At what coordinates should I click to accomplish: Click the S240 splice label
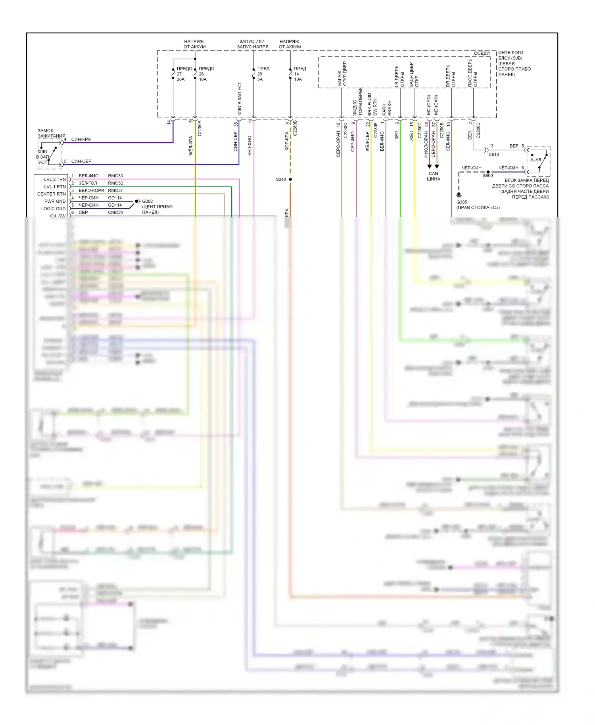(281, 179)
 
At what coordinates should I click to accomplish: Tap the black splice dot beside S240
(290, 179)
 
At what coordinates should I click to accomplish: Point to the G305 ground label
(462, 202)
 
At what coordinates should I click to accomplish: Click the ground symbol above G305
(459, 195)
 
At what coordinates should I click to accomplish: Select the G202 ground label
(148, 201)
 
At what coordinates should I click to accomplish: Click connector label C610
(494, 154)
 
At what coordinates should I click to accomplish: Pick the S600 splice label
(488, 176)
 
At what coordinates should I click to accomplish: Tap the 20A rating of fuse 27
(180, 79)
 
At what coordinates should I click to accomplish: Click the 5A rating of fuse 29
(260, 79)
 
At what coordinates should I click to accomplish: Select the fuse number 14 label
(296, 74)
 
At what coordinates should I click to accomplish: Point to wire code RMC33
(115, 176)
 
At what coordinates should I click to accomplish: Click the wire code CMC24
(115, 213)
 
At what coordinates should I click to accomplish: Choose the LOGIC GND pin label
(54, 209)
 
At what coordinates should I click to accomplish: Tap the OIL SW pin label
(58, 216)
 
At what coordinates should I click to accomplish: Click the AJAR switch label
(535, 159)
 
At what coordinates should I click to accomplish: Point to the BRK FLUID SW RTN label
(372, 104)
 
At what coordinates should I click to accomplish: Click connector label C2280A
(200, 128)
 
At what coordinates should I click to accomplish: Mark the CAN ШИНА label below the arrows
(433, 176)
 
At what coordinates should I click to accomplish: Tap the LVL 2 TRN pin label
(55, 179)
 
